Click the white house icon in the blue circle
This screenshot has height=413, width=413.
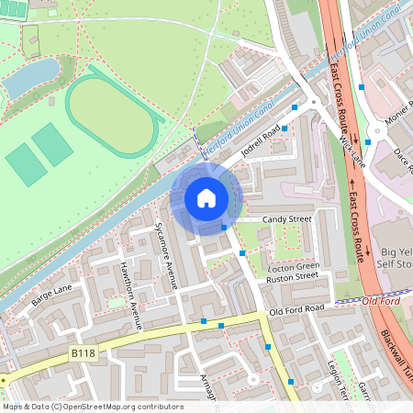(206, 197)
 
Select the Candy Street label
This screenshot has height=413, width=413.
(287, 220)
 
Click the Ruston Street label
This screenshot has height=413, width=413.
(291, 276)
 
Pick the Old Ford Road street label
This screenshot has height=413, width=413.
(297, 310)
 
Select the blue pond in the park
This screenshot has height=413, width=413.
(32, 78)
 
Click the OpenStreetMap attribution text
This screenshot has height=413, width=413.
(92, 407)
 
